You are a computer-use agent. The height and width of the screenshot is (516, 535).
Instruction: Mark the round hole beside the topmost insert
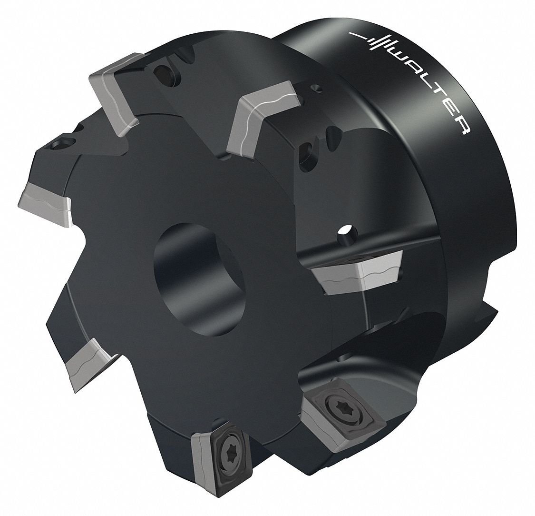[x=164, y=73]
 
